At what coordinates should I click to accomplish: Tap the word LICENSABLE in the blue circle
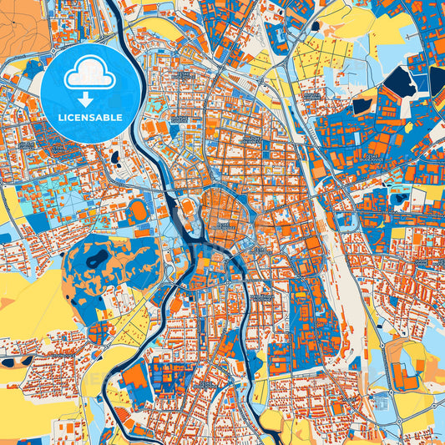click(x=90, y=118)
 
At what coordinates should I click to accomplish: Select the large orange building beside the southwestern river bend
click(x=135, y=378)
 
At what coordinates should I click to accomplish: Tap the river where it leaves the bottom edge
click(x=272, y=439)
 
